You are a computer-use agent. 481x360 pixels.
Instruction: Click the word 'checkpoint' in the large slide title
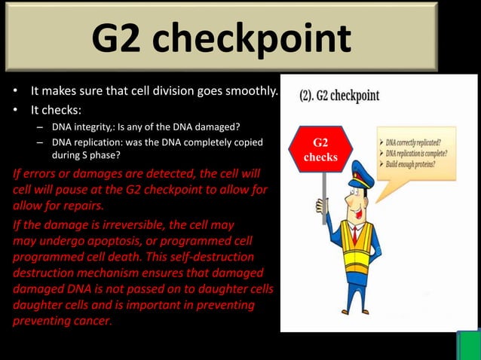click(x=262, y=39)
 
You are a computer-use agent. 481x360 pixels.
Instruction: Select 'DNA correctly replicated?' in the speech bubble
click(x=408, y=142)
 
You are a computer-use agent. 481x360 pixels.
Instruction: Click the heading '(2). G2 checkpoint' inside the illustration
click(x=339, y=96)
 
